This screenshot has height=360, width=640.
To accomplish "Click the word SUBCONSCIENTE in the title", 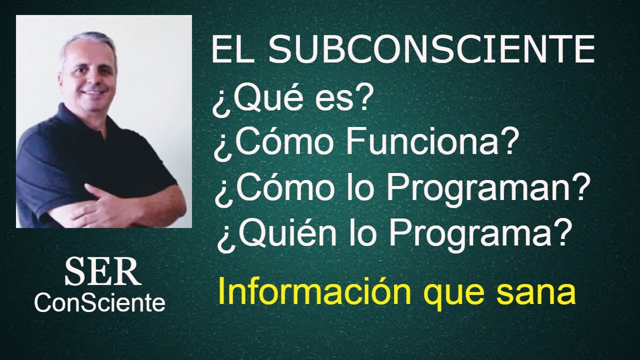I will tap(434, 51).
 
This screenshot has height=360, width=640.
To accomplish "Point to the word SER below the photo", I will tap(102, 272).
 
